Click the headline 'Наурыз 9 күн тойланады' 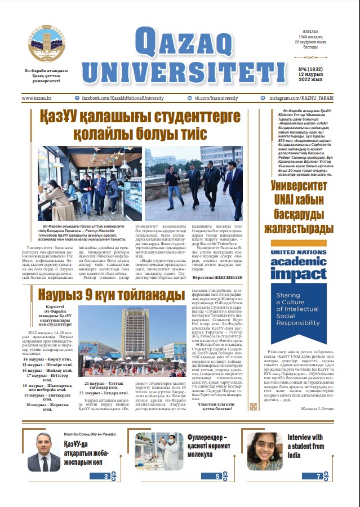(x=111, y=294)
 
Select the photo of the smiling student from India (x=265, y=451)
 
